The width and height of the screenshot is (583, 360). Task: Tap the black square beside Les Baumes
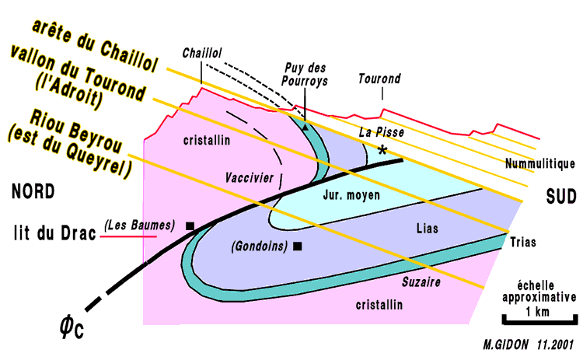click(190, 226)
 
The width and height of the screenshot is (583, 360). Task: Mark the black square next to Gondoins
click(297, 246)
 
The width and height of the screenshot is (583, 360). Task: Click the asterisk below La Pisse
click(382, 149)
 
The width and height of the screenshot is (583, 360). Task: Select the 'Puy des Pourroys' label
click(304, 72)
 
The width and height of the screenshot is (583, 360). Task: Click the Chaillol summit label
click(201, 54)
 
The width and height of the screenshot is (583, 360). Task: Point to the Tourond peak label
click(379, 79)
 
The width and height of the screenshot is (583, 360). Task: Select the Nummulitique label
click(539, 164)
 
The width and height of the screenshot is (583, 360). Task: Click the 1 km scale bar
click(539, 318)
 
